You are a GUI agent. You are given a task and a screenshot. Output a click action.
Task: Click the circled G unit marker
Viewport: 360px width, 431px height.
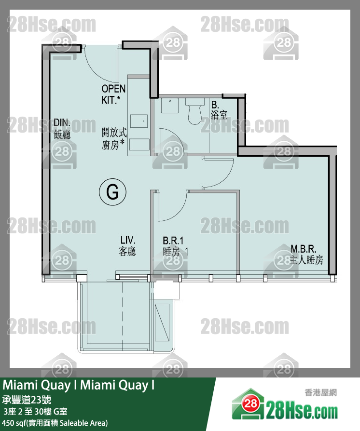pyautogui.click(x=112, y=191)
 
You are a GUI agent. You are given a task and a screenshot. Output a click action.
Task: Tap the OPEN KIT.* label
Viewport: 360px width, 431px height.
pyautogui.click(x=113, y=94)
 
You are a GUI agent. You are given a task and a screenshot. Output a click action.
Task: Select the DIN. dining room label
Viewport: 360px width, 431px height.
pyautogui.click(x=62, y=129)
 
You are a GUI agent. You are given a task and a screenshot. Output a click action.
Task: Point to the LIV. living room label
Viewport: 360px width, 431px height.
pyautogui.click(x=127, y=245)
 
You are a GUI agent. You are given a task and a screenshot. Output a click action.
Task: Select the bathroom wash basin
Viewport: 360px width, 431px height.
pyautogui.click(x=170, y=105)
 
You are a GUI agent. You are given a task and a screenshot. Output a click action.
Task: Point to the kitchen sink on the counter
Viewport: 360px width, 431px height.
pyautogui.click(x=139, y=121)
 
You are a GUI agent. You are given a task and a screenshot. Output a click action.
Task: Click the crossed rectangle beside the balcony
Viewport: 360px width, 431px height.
pyautogui.click(x=162, y=323)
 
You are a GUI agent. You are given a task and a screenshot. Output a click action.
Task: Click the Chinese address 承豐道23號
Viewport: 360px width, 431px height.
pyautogui.click(x=27, y=399)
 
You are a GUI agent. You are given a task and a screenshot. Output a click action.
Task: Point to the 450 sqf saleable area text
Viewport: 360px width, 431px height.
pyautogui.click(x=55, y=423)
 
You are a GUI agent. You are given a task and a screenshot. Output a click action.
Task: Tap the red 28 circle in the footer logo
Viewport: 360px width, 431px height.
pyautogui.click(x=250, y=404)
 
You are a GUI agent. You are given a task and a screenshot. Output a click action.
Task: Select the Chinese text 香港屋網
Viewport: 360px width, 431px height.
pyautogui.click(x=320, y=392)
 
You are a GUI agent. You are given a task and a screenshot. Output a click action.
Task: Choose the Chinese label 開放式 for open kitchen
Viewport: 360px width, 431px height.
pyautogui.click(x=114, y=132)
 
